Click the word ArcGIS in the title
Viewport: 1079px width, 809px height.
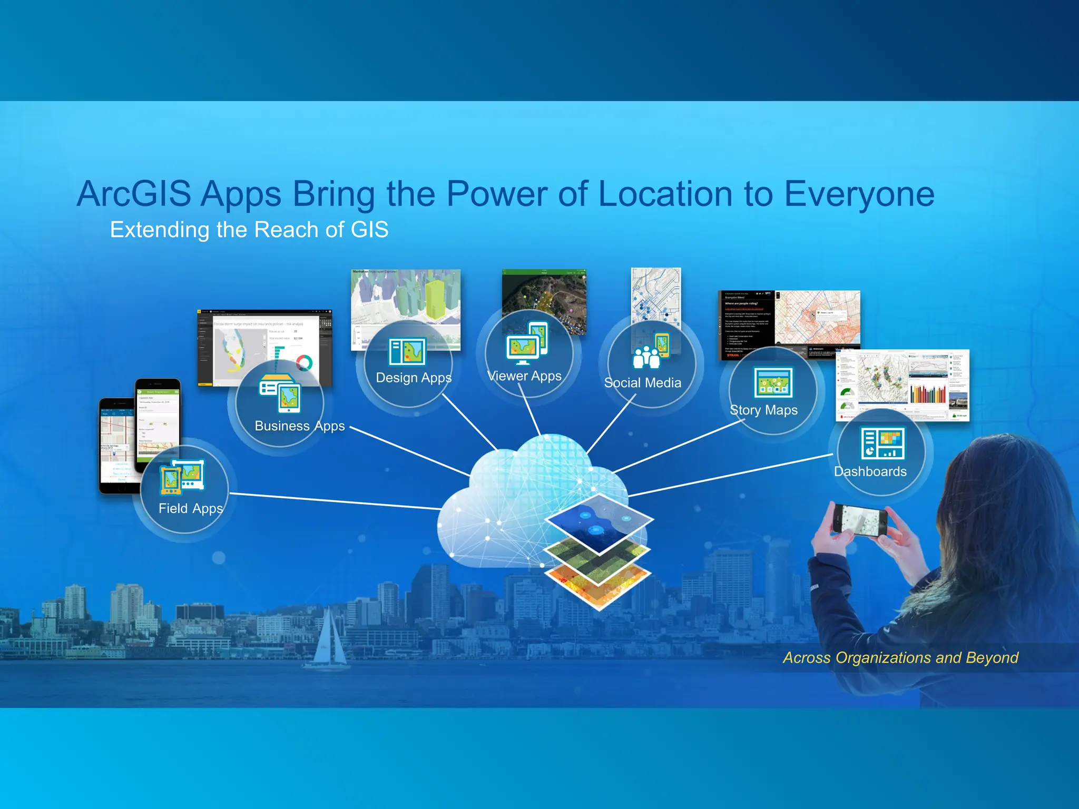(134, 194)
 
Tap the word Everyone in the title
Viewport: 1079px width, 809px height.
(859, 194)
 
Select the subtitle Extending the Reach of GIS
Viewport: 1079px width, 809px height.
(249, 230)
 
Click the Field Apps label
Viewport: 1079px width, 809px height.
(191, 508)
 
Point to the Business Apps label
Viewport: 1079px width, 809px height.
(299, 426)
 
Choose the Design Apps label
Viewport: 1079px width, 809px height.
(414, 378)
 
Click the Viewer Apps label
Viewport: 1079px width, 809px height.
(525, 376)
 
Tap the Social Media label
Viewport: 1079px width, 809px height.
(642, 383)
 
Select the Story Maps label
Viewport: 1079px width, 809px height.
(763, 410)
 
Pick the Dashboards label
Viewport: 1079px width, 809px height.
(870, 471)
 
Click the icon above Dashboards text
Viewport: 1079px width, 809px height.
(883, 443)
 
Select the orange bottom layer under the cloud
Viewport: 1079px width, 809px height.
(598, 585)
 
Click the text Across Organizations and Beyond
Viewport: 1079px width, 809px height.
(900, 658)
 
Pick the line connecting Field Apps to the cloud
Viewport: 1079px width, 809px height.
(337, 501)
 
